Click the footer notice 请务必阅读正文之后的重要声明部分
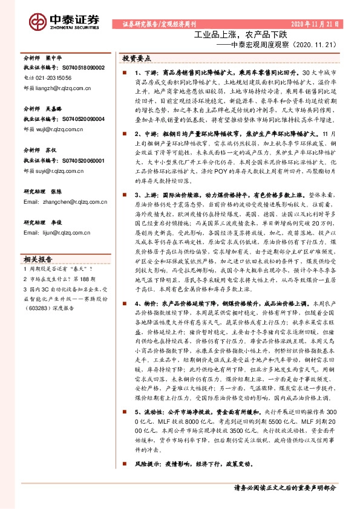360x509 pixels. tap(284, 487)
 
